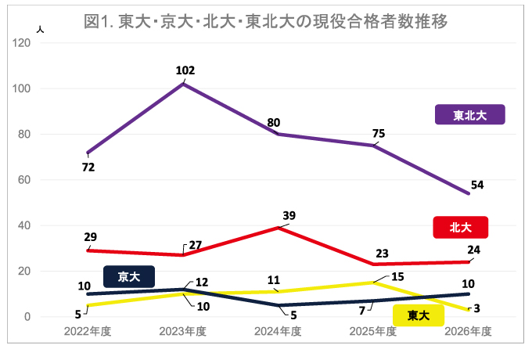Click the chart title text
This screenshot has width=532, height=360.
pyautogui.click(x=265, y=21)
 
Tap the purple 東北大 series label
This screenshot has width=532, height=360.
pyautogui.click(x=469, y=115)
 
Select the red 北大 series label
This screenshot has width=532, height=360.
pyautogui.click(x=460, y=227)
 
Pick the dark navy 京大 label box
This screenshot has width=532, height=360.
pyautogui.click(x=129, y=276)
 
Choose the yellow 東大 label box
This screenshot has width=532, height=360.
pyautogui.click(x=419, y=315)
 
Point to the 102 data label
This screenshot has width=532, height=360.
pyautogui.click(x=185, y=70)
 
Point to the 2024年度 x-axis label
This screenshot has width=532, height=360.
pyautogui.click(x=278, y=332)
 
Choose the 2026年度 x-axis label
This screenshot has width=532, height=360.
pyautogui.click(x=468, y=332)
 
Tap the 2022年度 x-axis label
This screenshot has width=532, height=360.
pyautogui.click(x=88, y=332)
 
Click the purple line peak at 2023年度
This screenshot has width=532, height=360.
pyautogui.click(x=183, y=84)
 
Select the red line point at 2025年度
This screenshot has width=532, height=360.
pyautogui.click(x=373, y=265)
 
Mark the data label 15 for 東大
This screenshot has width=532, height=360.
pyautogui.click(x=397, y=275)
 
